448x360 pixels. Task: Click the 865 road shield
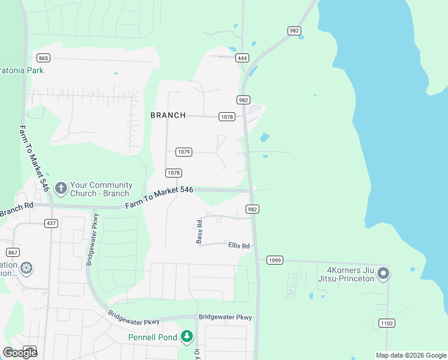coord(43,58)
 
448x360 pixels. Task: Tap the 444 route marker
coord(242,58)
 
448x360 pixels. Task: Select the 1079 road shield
coord(184,152)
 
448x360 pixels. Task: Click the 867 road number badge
coord(13,252)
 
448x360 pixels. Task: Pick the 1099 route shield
coord(274,260)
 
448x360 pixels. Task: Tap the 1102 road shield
coord(387,323)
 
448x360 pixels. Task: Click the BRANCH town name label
coord(168,115)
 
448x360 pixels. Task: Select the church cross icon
coord(60,188)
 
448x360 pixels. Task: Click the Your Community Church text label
coord(101,190)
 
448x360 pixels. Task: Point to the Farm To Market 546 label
coord(159,197)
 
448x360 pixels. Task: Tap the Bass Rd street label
coord(200,232)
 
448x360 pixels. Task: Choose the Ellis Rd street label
coord(238,245)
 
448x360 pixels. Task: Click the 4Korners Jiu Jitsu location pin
coord(383,274)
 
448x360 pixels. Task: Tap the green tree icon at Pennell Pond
coord(187,337)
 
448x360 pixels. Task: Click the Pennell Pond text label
coord(153,337)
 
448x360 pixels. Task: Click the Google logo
coord(20,352)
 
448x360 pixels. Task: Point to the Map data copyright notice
coord(411,355)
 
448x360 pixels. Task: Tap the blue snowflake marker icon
coord(26,268)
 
